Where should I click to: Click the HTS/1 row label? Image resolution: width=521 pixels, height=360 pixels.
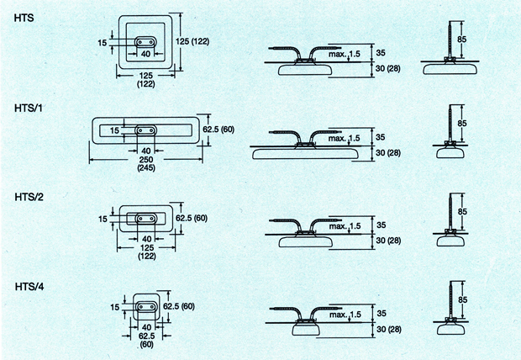[x=29, y=109]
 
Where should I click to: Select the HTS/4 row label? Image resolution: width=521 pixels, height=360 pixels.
[x=29, y=287]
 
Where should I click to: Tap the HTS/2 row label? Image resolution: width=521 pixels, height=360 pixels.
[x=29, y=197]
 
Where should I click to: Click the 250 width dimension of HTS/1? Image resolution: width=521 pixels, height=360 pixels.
[x=146, y=159]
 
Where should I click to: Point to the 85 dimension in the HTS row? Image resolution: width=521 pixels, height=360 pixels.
[x=462, y=40]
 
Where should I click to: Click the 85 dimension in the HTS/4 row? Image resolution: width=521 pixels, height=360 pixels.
[x=462, y=299]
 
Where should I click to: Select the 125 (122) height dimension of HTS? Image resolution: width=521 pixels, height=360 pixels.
[x=192, y=41]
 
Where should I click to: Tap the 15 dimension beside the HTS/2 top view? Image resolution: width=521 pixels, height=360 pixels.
[x=103, y=219]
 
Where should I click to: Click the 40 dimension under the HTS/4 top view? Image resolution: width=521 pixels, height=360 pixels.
[x=146, y=327]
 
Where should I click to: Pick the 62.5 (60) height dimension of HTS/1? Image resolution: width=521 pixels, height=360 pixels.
[x=218, y=129]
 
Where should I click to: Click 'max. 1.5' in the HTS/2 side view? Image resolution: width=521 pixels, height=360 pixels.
[x=345, y=226]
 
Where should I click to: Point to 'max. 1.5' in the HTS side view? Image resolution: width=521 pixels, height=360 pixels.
[x=345, y=54]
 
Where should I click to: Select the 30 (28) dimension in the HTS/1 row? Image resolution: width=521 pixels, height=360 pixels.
[x=388, y=153]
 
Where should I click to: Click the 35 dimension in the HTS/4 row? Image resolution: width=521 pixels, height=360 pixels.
[x=382, y=314]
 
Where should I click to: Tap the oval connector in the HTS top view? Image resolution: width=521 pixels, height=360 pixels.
[x=145, y=42]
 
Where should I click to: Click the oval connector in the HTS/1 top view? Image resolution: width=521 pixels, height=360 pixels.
[x=145, y=130]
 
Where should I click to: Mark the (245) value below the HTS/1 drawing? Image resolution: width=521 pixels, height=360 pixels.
[x=146, y=167]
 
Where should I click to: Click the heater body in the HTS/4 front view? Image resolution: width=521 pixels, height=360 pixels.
[x=306, y=329]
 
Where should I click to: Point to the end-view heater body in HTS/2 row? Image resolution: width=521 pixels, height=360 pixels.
[x=450, y=241]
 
